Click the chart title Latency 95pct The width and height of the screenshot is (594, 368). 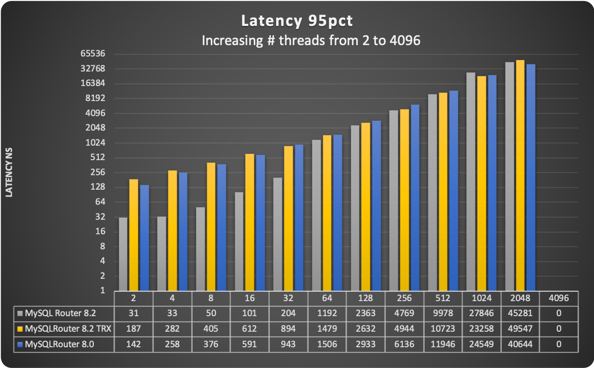coord(296,22)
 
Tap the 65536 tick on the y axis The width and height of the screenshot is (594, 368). coord(94,53)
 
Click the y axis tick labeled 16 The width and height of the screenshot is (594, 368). coord(102,232)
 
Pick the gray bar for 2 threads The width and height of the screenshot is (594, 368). coord(123,254)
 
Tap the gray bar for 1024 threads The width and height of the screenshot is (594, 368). coord(471,181)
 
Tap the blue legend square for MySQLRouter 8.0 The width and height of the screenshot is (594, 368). coord(20,345)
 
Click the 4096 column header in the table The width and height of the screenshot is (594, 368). coord(558,298)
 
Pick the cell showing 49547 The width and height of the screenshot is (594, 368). coord(519,329)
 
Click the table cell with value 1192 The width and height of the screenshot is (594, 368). coord(327,313)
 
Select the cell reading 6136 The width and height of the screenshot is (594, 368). coord(404,345)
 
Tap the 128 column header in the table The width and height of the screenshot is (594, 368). coord(366,298)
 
